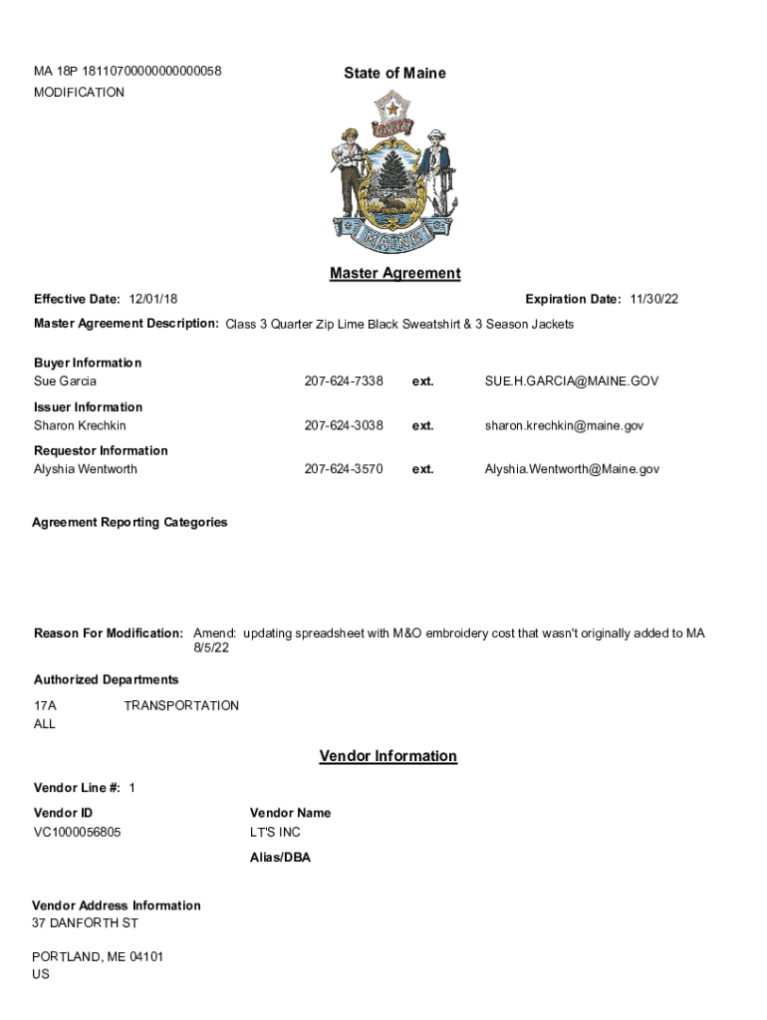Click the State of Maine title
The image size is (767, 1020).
[x=394, y=73]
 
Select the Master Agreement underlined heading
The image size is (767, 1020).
[x=394, y=273]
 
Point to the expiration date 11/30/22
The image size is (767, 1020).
[x=653, y=299]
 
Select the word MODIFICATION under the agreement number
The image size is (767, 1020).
[x=79, y=93]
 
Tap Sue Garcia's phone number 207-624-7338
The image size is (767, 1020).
[x=344, y=382]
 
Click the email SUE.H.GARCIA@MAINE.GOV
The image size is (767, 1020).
[x=571, y=382]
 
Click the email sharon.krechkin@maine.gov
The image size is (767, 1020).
[x=564, y=425]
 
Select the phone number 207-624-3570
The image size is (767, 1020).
[x=344, y=469]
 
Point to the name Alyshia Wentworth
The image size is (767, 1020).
[x=86, y=469]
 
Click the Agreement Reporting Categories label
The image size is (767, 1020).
[x=129, y=522]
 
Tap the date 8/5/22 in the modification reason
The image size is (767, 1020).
[x=211, y=648]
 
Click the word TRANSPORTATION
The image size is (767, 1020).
[x=181, y=705]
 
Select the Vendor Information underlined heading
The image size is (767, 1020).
[x=387, y=756]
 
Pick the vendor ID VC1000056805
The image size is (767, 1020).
[x=78, y=832]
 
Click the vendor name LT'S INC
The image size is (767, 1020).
[x=275, y=832]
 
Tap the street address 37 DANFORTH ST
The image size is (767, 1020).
[x=78, y=923]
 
